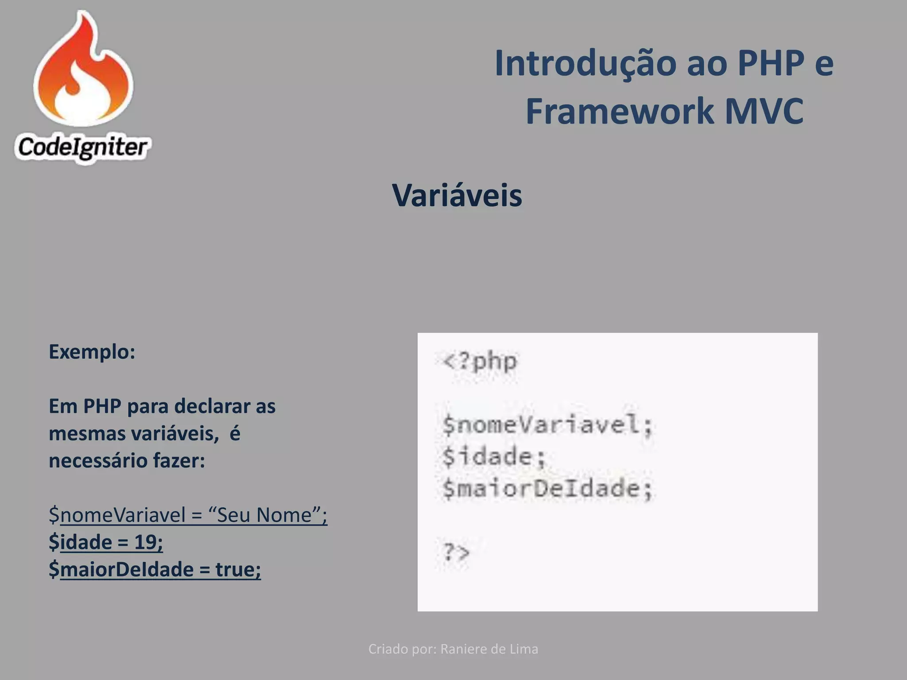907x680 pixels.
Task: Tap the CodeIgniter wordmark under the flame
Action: pyautogui.click(x=82, y=147)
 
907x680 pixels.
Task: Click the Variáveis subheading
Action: pyautogui.click(x=457, y=195)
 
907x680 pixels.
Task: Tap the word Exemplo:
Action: pyautogui.click(x=92, y=352)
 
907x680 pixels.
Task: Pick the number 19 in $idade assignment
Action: pyautogui.click(x=145, y=542)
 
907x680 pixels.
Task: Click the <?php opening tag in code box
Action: pyautogui.click(x=480, y=361)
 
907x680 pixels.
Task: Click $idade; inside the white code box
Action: pyautogui.click(x=494, y=456)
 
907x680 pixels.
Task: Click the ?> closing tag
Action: pyautogui.click(x=456, y=552)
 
